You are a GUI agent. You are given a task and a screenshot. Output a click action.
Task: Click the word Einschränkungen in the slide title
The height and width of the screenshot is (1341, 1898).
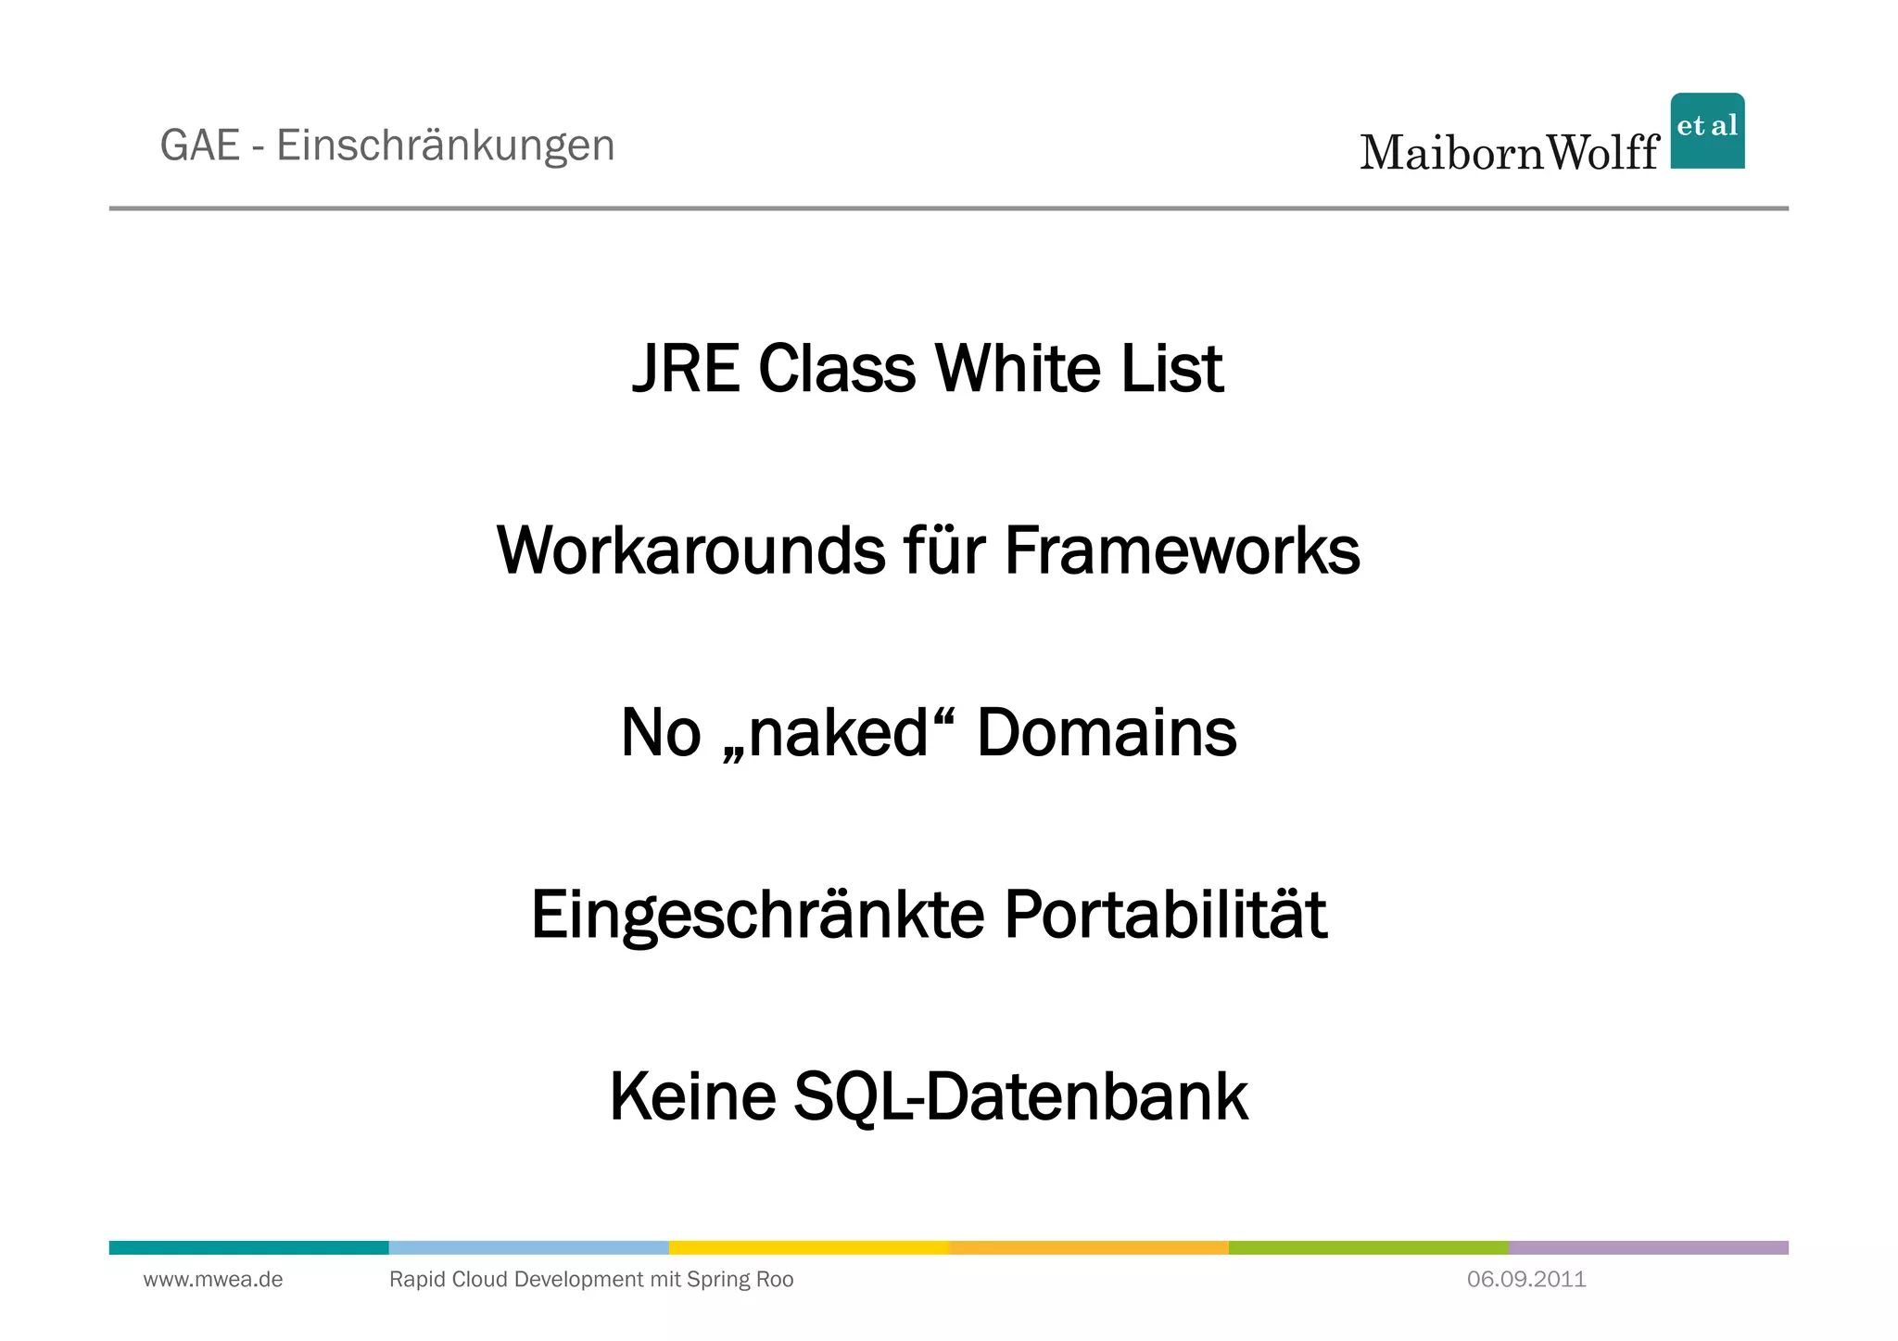[x=445, y=145]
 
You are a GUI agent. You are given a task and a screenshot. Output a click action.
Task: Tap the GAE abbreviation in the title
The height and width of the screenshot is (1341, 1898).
[x=200, y=145]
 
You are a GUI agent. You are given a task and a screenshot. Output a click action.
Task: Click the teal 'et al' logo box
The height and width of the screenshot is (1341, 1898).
[x=1707, y=131]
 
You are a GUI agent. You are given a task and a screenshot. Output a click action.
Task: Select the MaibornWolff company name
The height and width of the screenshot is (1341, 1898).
[x=1509, y=152]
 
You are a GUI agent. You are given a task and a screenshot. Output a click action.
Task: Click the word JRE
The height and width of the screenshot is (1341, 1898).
[x=685, y=369]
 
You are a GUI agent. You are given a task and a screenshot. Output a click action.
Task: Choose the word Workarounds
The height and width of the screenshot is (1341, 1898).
[x=690, y=550]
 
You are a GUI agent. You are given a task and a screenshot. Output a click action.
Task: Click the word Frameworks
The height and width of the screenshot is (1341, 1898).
[x=1182, y=550]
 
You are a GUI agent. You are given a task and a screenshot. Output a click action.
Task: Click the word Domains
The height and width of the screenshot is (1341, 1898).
[x=1107, y=732]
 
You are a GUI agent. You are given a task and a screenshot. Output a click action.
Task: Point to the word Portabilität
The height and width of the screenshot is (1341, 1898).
[x=1165, y=915]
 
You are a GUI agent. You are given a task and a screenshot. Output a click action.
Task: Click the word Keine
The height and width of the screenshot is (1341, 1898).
[x=692, y=1096]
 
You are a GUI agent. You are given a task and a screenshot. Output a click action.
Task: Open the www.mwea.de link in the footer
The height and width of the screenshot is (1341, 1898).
[x=213, y=1280]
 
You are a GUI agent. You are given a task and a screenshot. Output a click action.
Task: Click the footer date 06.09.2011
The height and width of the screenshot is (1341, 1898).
[x=1526, y=1280]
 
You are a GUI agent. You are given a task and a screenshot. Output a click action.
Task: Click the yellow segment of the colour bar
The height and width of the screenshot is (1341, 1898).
[x=808, y=1247]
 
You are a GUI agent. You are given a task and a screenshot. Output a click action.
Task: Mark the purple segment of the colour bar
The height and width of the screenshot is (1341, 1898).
[x=1648, y=1247]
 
